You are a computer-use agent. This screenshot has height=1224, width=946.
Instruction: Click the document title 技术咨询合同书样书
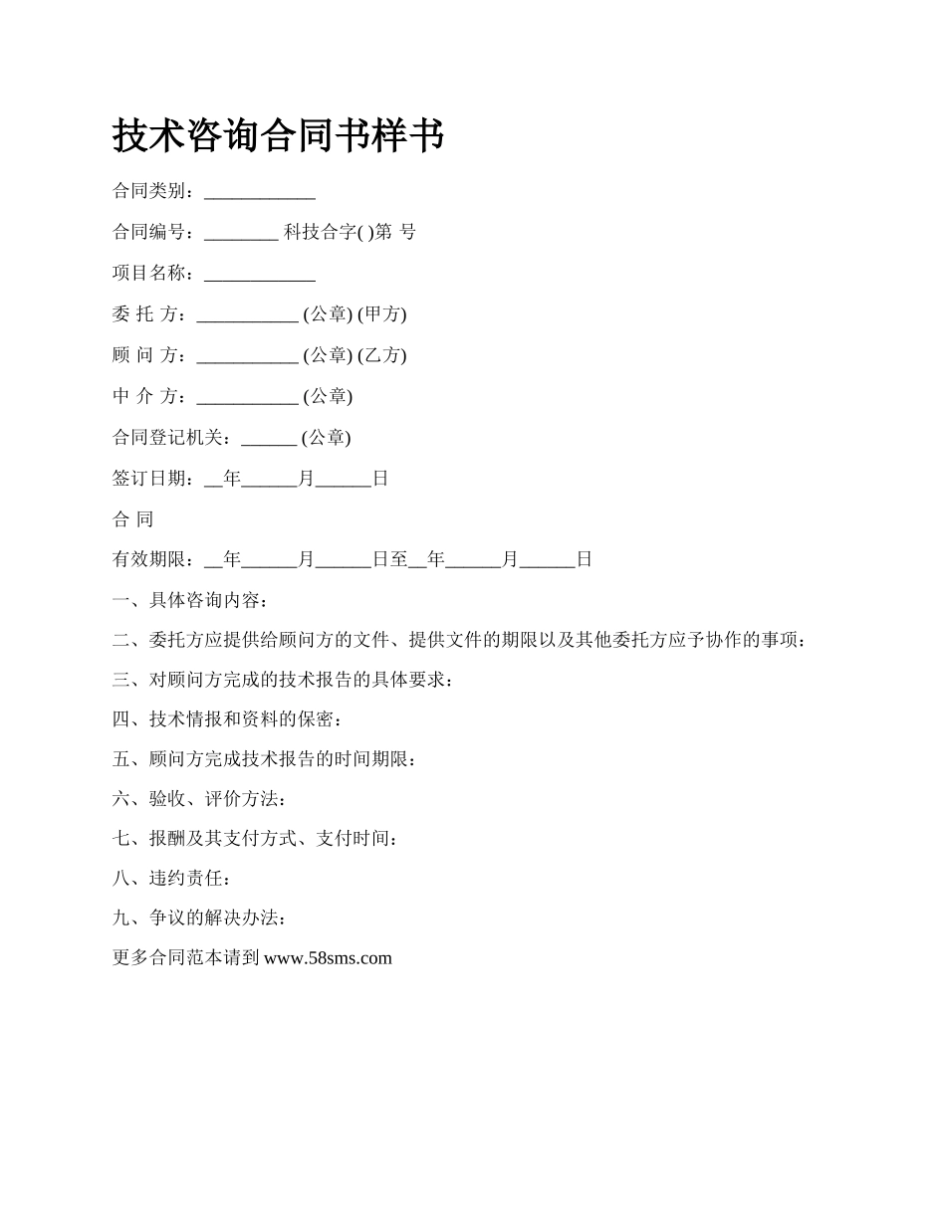pyautogui.click(x=278, y=135)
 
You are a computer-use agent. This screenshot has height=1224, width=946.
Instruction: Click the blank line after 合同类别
pyautogui.click(x=260, y=194)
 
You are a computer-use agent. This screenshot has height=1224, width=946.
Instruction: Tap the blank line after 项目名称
pyautogui.click(x=260, y=276)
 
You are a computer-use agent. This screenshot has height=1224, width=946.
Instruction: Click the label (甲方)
pyautogui.click(x=382, y=314)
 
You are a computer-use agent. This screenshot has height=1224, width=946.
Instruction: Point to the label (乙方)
pyautogui.click(x=382, y=355)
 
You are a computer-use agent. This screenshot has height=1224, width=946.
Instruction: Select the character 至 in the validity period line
pyautogui.click(x=399, y=559)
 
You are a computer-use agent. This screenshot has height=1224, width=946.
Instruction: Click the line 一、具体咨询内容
pyautogui.click(x=190, y=600)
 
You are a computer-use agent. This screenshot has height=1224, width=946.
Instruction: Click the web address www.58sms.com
pyautogui.click(x=329, y=958)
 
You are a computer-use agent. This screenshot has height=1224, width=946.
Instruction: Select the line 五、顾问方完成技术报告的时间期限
pyautogui.click(x=264, y=759)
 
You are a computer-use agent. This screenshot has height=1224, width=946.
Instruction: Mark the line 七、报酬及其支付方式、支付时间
pyautogui.click(x=256, y=839)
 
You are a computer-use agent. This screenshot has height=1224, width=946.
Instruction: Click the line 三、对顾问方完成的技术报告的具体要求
pyautogui.click(x=283, y=680)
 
